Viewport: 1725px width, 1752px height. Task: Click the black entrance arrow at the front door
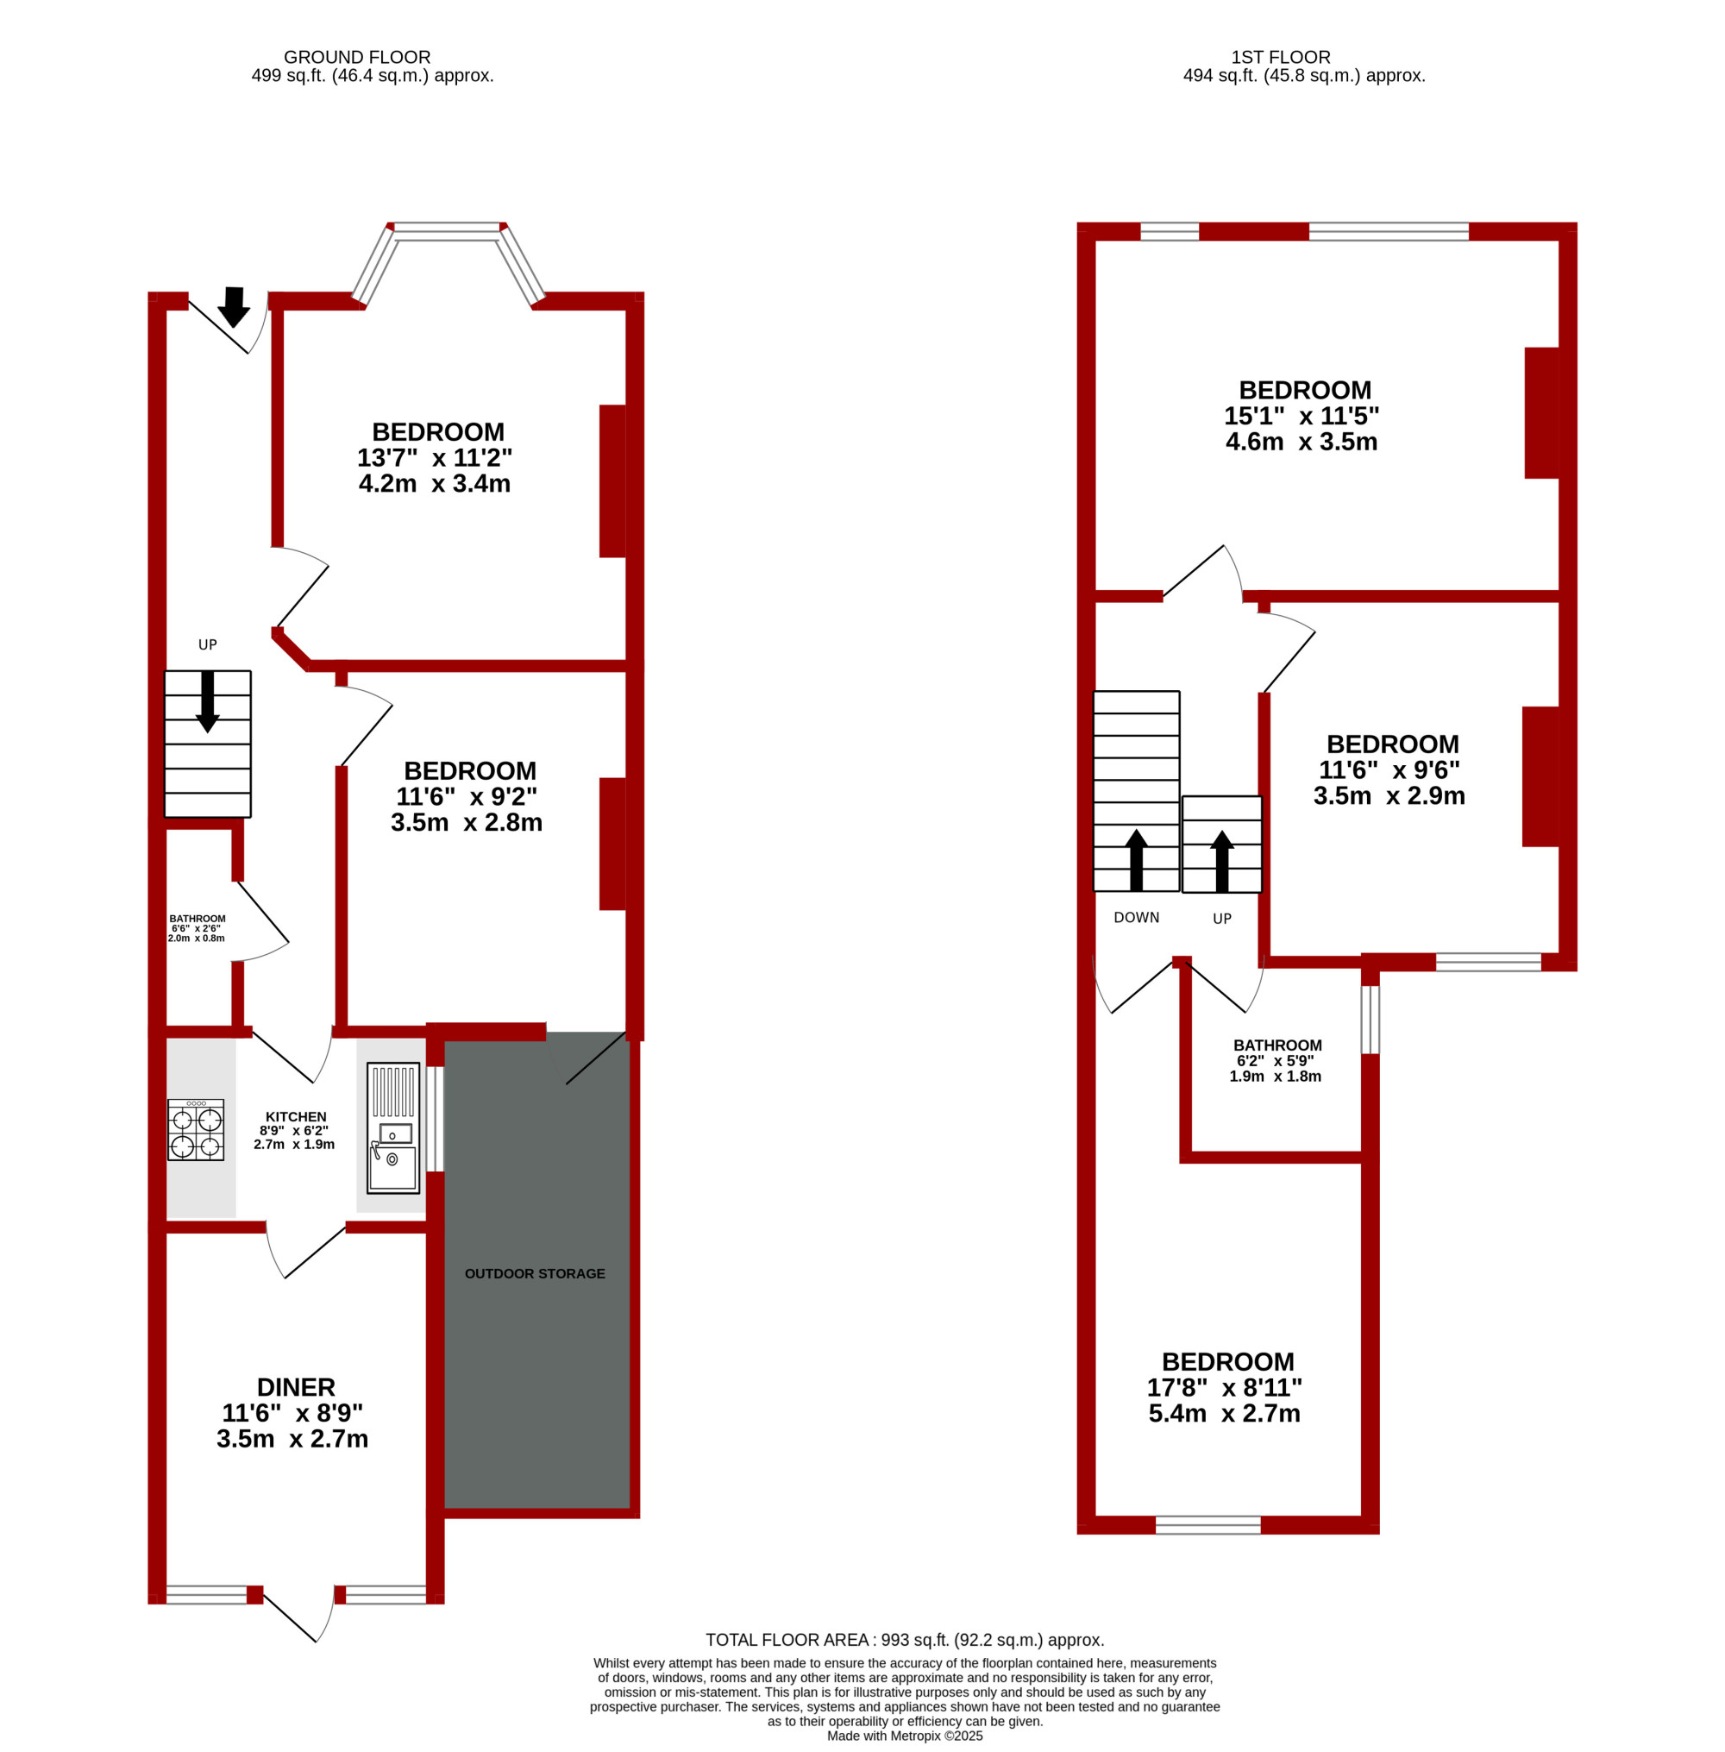tap(234, 306)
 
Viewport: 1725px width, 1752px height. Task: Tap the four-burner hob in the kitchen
tap(196, 1130)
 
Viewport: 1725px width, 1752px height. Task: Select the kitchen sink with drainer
tap(393, 1127)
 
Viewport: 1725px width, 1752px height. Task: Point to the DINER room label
tap(296, 1387)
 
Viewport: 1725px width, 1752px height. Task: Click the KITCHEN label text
tap(296, 1117)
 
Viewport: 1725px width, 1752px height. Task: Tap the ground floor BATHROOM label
tap(198, 919)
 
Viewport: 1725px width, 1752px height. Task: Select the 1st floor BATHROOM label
tap(1277, 1046)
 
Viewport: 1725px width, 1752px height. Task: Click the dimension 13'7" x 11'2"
tap(435, 457)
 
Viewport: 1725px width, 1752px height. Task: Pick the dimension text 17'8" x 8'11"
tap(1225, 1387)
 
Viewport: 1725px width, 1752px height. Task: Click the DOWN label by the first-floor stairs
tap(1136, 918)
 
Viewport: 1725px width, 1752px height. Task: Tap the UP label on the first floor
tap(1222, 919)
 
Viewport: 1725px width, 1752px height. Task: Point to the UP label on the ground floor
tap(208, 645)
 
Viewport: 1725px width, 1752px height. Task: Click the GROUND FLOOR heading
tap(357, 57)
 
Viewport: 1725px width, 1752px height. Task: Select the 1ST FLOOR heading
tap(1281, 57)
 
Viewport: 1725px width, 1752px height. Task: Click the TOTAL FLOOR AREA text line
tap(905, 1640)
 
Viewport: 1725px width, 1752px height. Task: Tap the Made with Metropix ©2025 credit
tap(905, 1736)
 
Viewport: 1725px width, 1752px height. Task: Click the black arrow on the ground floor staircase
tap(208, 701)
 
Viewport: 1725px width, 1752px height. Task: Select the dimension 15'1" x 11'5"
tap(1302, 416)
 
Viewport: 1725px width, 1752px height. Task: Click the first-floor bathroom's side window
tap(1371, 1019)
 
